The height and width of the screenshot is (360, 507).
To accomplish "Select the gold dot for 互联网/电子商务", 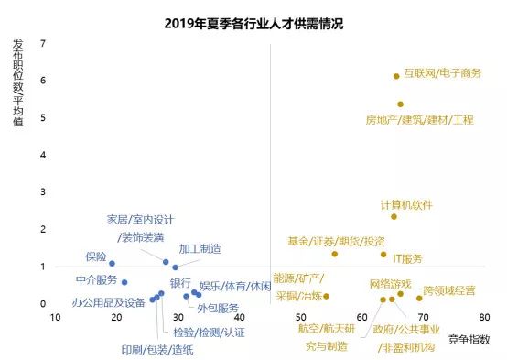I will pos(396,76).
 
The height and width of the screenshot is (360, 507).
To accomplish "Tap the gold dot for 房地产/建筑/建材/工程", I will pos(400,104).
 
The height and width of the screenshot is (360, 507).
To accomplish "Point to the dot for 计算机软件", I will pos(394,216).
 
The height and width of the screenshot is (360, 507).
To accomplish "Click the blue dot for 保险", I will pos(113,264).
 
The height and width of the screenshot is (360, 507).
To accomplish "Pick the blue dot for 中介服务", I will pos(124,282).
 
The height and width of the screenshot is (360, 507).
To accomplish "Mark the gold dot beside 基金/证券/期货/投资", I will pos(335,254).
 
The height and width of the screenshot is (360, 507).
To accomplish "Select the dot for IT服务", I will pos(383,255).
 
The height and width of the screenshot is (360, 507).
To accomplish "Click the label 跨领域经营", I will pos(449,290).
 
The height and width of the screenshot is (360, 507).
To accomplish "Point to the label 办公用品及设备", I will pos(108,302).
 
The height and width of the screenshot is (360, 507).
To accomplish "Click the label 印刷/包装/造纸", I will pos(157,348).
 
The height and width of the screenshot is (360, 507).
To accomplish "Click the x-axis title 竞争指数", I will pos(469,339).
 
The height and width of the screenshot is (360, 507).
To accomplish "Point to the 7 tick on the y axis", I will pos(43,43).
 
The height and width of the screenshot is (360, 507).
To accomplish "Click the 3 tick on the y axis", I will pos(43,191).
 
